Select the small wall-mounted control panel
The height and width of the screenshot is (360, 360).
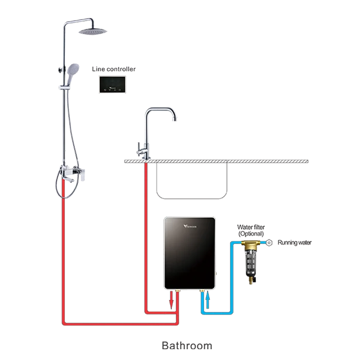113,84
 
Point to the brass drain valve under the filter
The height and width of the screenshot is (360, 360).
250,281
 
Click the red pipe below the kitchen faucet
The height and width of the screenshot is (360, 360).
147,231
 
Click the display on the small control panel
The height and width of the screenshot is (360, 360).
113,83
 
